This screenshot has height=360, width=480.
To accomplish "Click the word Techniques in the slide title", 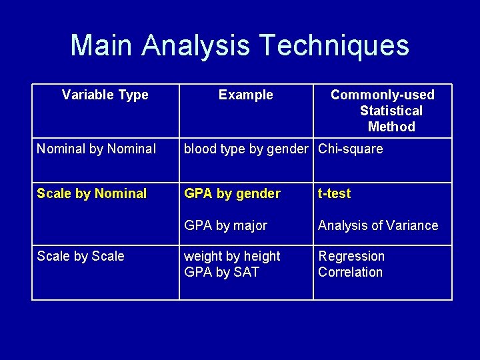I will (334, 46).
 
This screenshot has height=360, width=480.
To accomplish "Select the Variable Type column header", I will (105, 95).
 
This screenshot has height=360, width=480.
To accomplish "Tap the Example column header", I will (245, 95).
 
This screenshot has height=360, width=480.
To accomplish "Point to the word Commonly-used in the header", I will (382, 95).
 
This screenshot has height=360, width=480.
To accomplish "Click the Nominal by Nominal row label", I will (96, 149).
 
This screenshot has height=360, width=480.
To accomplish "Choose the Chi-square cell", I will (351, 149).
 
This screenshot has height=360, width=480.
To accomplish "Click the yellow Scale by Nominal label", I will (91, 194).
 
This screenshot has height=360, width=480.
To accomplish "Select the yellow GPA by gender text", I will (232, 194).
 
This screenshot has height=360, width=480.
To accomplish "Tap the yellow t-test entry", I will (334, 194).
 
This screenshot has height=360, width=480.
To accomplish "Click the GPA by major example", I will (225, 226).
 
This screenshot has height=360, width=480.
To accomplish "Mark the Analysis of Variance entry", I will (378, 226).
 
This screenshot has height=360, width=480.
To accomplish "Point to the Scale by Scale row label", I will (81, 257).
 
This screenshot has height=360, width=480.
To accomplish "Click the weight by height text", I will (232, 257).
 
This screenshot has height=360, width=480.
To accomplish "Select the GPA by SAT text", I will (221, 273).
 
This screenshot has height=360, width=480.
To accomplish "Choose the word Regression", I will (351, 257).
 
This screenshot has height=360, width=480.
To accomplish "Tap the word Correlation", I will (350, 273).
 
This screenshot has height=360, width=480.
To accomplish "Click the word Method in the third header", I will (391, 127).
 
